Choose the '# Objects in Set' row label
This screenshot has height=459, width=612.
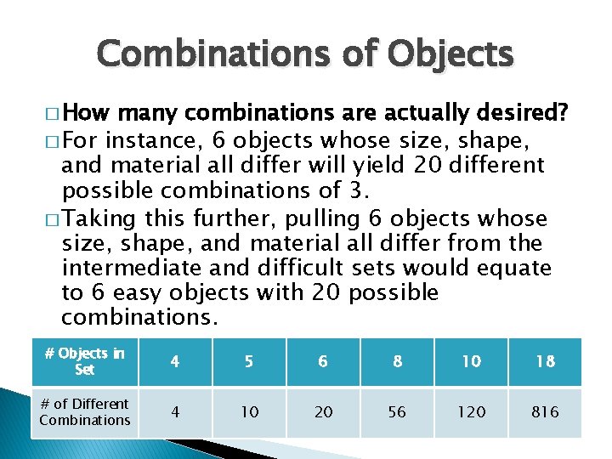85,361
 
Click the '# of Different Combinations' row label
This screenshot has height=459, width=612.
85,411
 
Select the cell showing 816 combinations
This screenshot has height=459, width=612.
545,412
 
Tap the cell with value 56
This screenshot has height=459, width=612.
397,412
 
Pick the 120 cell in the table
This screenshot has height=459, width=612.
471,412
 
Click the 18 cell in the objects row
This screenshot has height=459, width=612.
545,361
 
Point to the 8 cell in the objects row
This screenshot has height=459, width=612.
397,361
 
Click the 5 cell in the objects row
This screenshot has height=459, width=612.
248,361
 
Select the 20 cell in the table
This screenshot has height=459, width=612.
323,412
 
